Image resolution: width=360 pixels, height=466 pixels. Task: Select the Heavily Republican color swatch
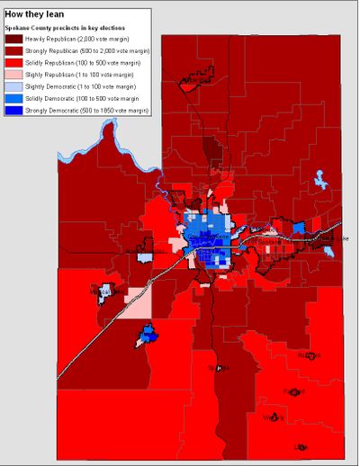15,40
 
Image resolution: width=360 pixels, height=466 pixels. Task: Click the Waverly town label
274,417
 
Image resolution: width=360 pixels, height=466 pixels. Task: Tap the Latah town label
300,446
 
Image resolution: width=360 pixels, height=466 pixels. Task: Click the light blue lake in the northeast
319,181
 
